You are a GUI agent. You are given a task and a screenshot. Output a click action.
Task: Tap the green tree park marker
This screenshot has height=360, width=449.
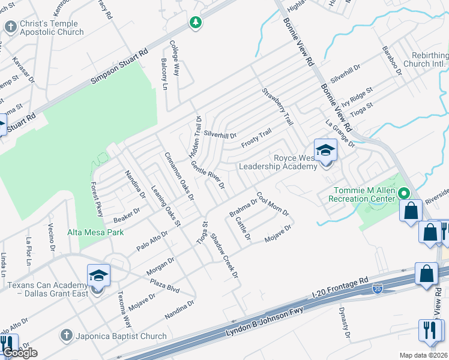[195, 23]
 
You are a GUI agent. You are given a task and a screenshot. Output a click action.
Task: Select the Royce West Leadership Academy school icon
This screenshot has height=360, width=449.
[325, 151]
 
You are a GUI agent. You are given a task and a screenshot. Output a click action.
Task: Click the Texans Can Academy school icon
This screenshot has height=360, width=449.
[98, 275]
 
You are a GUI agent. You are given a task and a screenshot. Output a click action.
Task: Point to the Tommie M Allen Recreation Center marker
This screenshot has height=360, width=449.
[404, 193]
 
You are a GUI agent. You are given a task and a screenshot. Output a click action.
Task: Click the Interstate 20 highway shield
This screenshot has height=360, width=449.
[377, 289]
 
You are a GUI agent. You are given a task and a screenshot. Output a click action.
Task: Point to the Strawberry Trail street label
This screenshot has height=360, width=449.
[277, 107]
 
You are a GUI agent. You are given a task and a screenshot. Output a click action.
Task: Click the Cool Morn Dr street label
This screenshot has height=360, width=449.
[273, 204]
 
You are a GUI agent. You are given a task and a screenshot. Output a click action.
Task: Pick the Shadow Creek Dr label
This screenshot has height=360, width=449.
[224, 256]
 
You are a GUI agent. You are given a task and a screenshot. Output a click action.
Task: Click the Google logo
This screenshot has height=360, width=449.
[20, 353]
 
